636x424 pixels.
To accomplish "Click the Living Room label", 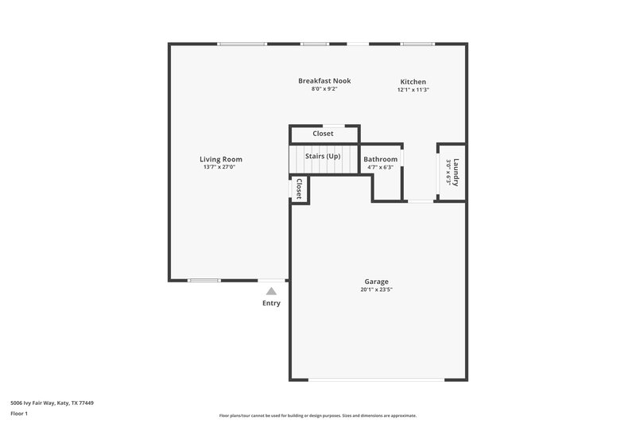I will [x=221, y=159].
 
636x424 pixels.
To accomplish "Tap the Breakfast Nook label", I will [x=324, y=80].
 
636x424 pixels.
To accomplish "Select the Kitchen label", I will [x=413, y=82].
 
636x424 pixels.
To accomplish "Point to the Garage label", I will [x=376, y=282].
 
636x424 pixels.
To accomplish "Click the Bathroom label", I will [x=381, y=159].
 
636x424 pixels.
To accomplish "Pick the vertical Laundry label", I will [x=456, y=172].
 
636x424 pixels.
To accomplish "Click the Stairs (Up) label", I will [x=323, y=156].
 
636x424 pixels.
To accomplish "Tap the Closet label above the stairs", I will [x=323, y=134].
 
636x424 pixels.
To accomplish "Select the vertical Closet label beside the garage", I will [x=299, y=189].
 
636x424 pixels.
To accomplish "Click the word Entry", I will [x=271, y=303].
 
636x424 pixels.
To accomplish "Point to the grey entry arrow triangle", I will [x=271, y=291].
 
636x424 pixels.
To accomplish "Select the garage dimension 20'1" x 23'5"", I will [x=376, y=290].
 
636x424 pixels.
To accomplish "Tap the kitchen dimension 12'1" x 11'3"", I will [x=413, y=90].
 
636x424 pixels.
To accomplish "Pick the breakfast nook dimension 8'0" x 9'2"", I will [x=324, y=88].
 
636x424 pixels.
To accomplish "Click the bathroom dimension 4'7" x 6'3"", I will [x=380, y=167].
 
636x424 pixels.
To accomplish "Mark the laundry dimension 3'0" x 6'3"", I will [x=448, y=172].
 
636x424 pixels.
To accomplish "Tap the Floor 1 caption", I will [x=19, y=414].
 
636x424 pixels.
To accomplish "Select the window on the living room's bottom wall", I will [x=204, y=280].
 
